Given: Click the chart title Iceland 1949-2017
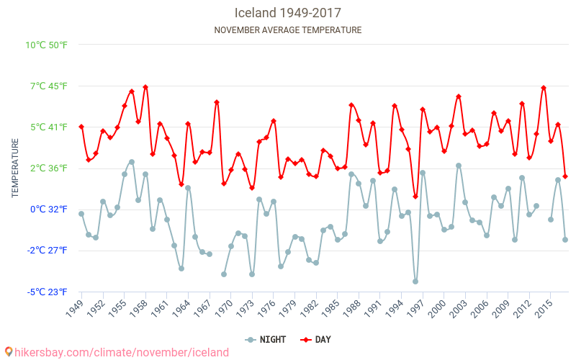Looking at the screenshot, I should click(287, 13).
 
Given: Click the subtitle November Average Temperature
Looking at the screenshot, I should click(287, 30).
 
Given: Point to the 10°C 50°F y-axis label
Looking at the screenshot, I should click(47, 45).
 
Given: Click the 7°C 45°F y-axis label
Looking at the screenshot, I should click(49, 86).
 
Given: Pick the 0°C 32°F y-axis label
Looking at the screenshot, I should click(49, 210).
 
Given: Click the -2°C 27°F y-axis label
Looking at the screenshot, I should click(48, 251).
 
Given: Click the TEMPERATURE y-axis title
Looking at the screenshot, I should click(15, 168).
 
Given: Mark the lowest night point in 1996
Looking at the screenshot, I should click(415, 282).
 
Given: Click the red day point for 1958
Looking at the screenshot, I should click(145, 87).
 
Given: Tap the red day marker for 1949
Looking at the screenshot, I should click(81, 127).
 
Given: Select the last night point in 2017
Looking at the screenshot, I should click(565, 240).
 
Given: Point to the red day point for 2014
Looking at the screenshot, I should click(544, 88).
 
